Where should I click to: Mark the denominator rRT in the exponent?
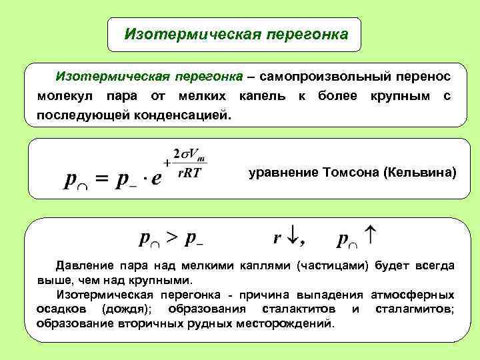pyautogui.click(x=189, y=173)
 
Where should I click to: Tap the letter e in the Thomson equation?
pyautogui.click(x=156, y=181)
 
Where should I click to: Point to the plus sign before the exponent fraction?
pyautogui.click(x=166, y=162)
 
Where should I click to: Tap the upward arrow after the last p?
pyautogui.click(x=372, y=234)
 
